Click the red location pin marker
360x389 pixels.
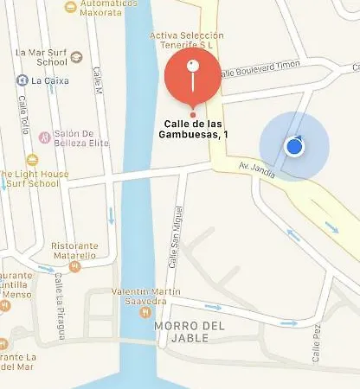pos(192,76)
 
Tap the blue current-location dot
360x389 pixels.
pos(294,146)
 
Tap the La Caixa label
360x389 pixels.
pos(49,80)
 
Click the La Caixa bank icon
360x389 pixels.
pos(22,80)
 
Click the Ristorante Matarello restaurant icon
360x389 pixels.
pos(75,266)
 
